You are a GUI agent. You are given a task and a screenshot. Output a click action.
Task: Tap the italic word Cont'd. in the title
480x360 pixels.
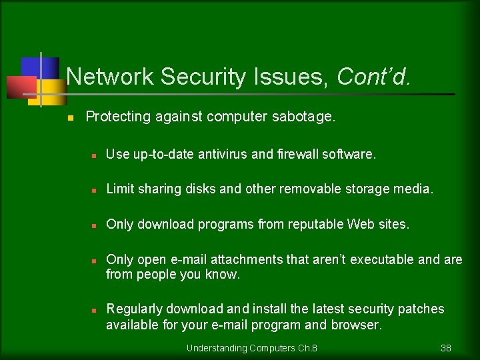(374, 77)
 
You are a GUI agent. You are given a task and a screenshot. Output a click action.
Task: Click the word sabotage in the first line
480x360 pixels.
(303, 117)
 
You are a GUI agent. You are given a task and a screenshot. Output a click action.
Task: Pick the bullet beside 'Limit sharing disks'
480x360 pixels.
(95, 190)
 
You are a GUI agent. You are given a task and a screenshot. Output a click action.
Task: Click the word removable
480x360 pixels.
(311, 189)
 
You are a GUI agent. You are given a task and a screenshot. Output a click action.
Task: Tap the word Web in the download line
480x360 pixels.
(361, 225)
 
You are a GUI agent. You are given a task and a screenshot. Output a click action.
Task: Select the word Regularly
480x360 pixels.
(134, 309)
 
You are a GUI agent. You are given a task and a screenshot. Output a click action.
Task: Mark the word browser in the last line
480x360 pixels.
(358, 325)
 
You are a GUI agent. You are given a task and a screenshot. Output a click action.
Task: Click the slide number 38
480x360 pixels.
(446, 348)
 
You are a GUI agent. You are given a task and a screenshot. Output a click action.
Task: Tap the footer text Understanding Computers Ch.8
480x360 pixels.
(251, 348)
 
